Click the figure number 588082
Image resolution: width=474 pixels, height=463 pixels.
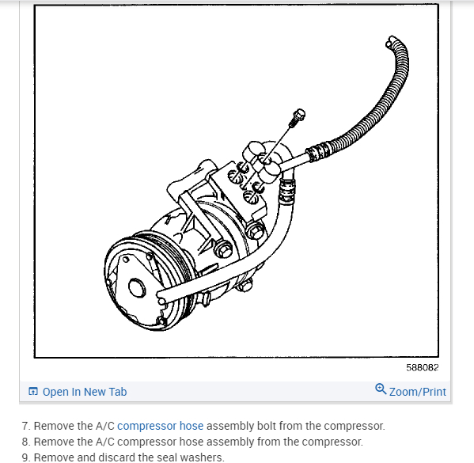pyautogui.click(x=422, y=367)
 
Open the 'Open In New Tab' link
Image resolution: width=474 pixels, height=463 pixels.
pyautogui.click(x=85, y=392)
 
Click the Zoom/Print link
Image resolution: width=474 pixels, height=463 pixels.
pyautogui.click(x=418, y=392)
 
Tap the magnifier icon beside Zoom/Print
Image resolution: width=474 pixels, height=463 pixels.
pyautogui.click(x=381, y=389)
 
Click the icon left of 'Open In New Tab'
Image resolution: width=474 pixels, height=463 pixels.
pyautogui.click(x=33, y=391)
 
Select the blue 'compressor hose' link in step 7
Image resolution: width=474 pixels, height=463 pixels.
pyautogui.click(x=160, y=426)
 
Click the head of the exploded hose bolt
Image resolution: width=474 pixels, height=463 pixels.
pyautogui.click(x=299, y=114)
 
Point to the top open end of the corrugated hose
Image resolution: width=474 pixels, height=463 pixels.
pyautogui.click(x=391, y=41)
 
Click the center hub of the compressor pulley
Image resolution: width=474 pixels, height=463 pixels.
pyautogui.click(x=137, y=287)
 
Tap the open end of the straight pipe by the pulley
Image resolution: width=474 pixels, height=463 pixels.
pyautogui.click(x=161, y=297)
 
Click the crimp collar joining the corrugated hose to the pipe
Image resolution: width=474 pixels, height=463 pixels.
pyautogui.click(x=317, y=150)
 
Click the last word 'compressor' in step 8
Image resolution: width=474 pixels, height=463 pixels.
pyautogui.click(x=332, y=442)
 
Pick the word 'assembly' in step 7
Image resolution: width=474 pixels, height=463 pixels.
pyautogui.click(x=230, y=426)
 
